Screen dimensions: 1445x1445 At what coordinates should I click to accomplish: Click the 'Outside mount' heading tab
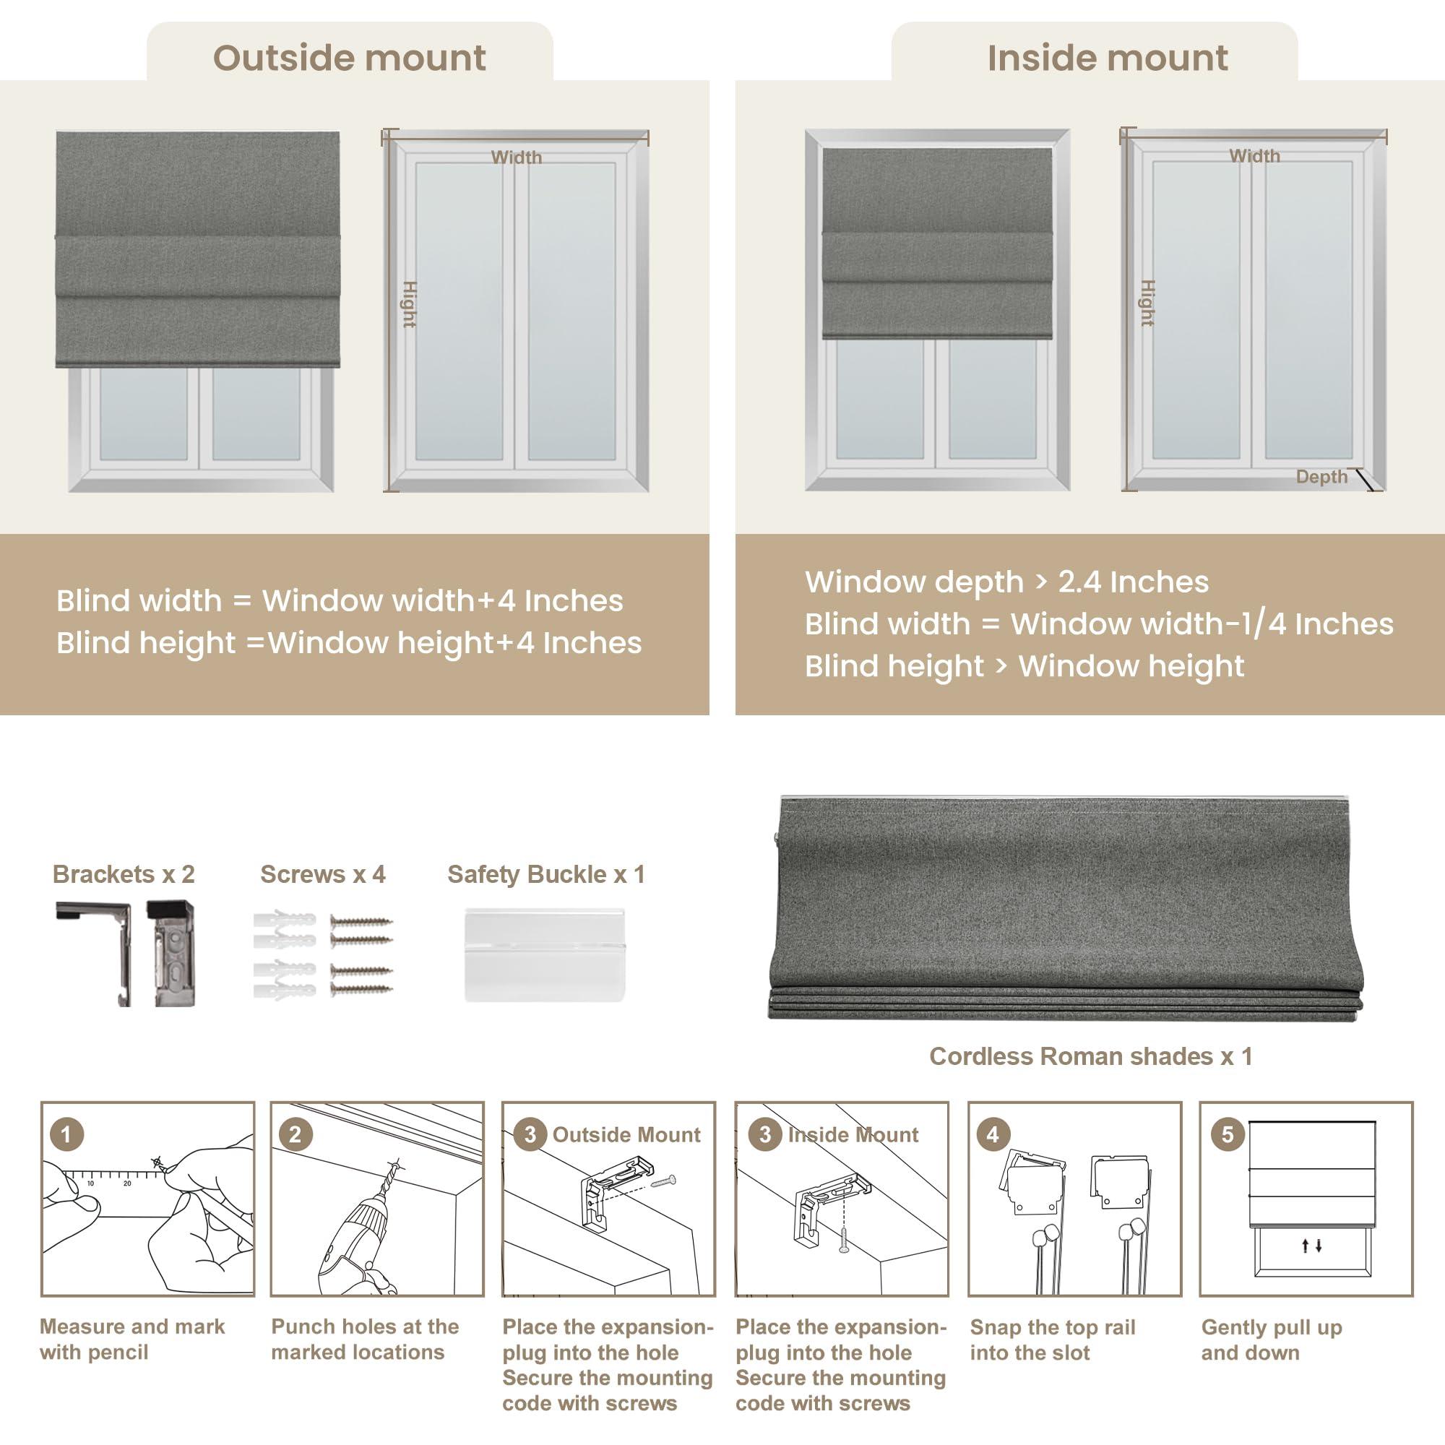click(349, 58)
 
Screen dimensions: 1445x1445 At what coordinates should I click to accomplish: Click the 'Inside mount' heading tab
click(1107, 58)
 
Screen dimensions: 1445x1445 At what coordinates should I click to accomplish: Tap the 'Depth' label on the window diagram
click(1321, 476)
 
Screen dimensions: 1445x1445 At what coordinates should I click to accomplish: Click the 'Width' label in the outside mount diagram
click(516, 157)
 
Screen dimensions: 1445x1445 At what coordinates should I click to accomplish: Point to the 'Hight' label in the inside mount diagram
click(1147, 303)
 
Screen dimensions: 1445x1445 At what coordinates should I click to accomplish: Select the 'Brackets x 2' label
click(124, 874)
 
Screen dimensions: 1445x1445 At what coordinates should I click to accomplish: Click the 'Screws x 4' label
click(322, 874)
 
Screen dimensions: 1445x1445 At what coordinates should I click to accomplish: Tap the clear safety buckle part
click(544, 954)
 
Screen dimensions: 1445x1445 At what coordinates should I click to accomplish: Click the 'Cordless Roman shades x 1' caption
click(1090, 1056)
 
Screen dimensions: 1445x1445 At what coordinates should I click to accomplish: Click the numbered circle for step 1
click(66, 1134)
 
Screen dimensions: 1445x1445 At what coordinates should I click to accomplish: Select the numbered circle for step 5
click(1228, 1134)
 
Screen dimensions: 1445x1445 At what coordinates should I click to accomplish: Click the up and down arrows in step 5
click(1312, 1246)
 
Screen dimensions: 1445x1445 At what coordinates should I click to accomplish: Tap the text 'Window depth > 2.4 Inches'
click(1006, 582)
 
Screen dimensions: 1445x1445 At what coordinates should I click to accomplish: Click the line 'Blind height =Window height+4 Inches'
click(349, 643)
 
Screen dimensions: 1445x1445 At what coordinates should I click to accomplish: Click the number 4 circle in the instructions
click(993, 1134)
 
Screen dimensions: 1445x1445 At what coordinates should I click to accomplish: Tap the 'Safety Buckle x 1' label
click(545, 874)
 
